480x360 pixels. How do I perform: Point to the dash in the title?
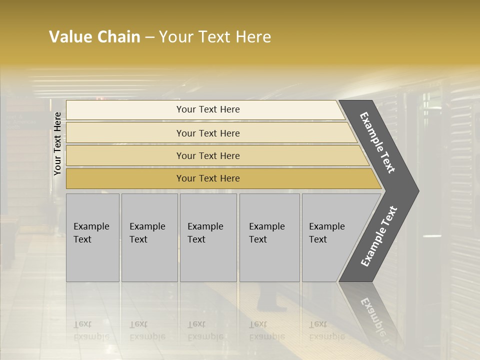(x=149, y=37)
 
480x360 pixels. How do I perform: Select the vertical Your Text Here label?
(x=57, y=143)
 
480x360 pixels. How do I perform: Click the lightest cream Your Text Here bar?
(x=207, y=109)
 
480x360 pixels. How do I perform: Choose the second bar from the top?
(x=207, y=133)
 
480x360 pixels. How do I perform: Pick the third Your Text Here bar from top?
(x=207, y=155)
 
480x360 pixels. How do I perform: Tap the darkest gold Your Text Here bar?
(x=207, y=178)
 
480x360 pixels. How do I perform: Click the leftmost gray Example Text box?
(x=92, y=237)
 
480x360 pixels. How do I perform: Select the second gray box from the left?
(x=149, y=237)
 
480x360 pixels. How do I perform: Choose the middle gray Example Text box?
(x=208, y=237)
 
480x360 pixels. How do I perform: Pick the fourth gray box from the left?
(x=269, y=237)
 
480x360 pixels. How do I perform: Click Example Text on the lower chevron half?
(x=379, y=236)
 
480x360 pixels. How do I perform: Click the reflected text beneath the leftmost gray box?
(x=91, y=330)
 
